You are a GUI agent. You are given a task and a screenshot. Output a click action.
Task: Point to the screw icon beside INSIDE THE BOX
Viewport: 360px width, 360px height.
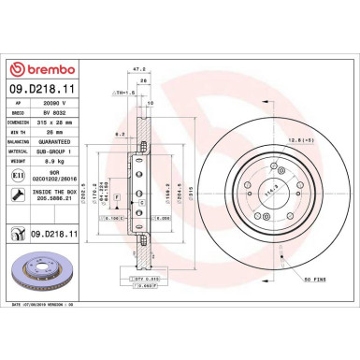click(20, 194)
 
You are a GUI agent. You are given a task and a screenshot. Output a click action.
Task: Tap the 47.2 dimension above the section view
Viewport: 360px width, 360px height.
click(139, 70)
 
